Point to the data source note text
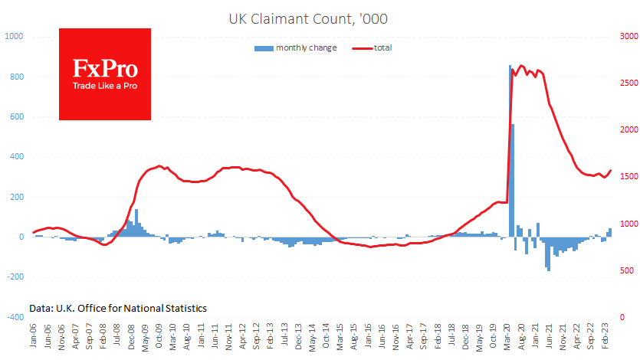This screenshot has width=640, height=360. point(118,308)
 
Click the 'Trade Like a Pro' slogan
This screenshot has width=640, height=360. point(105,86)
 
